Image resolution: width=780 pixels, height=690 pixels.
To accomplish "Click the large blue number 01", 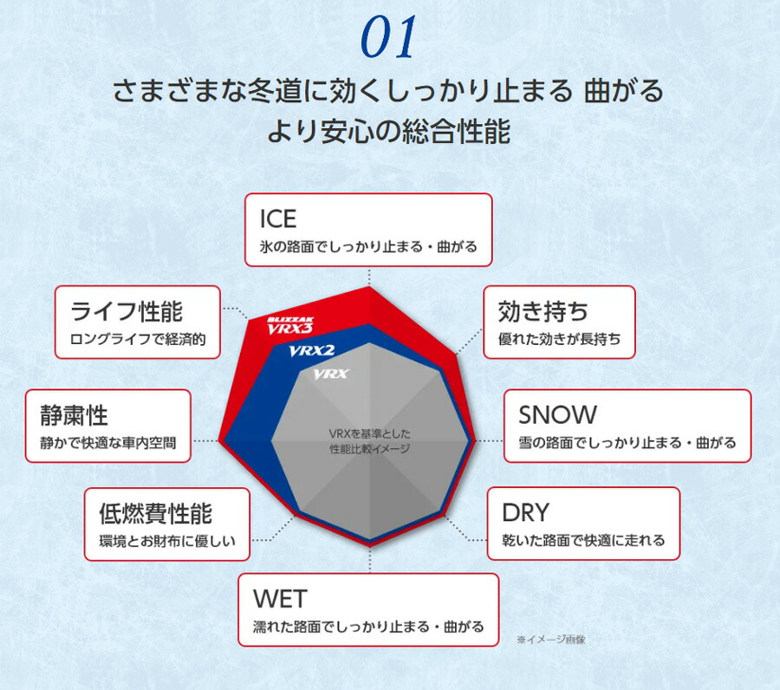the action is [x=389, y=36].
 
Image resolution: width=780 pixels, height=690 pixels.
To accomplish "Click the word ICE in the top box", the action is [x=278, y=219].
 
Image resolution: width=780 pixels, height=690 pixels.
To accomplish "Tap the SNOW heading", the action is [x=557, y=415].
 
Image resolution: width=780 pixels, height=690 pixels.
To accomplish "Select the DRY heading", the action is [x=526, y=512].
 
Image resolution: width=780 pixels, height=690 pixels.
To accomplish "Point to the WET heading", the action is [x=280, y=598].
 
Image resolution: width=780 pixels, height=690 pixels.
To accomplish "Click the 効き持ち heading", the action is [x=543, y=311].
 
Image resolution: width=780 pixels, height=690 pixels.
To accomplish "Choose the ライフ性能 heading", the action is [x=127, y=311].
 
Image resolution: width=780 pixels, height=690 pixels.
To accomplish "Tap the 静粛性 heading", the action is [x=75, y=415].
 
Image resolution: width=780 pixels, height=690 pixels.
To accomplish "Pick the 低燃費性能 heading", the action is [x=156, y=513].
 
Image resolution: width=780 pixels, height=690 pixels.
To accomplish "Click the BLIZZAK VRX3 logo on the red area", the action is [x=290, y=326].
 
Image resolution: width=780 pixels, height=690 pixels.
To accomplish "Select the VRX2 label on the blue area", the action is [x=312, y=351].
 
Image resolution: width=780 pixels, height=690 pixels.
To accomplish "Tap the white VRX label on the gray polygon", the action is [x=331, y=374].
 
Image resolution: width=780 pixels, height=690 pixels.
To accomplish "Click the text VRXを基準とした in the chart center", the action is [x=369, y=433].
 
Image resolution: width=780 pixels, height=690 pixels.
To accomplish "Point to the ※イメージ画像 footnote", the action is [x=551, y=639].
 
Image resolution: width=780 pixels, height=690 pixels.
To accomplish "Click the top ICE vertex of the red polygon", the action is [x=369, y=287].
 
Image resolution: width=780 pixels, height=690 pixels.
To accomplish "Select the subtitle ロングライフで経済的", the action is [x=138, y=339].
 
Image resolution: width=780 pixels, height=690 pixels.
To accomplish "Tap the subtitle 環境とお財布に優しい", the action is [x=167, y=541].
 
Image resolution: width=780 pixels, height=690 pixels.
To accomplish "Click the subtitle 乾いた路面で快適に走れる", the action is [x=583, y=540].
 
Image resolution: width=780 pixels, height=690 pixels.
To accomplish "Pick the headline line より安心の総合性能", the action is [x=389, y=132].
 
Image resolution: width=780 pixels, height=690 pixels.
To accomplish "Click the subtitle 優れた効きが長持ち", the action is [x=560, y=339].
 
